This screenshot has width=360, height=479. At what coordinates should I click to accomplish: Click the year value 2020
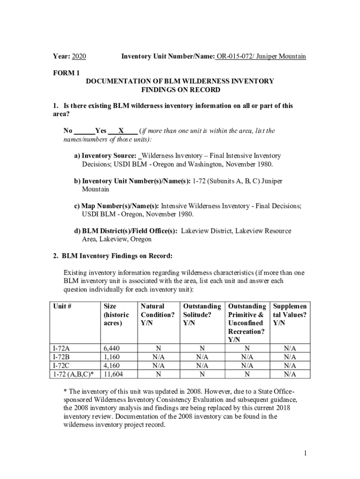(x=79, y=57)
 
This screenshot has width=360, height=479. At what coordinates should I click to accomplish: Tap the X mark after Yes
(x=121, y=131)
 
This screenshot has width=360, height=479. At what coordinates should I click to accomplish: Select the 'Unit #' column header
(x=62, y=306)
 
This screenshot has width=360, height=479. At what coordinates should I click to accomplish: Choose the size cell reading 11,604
(x=115, y=374)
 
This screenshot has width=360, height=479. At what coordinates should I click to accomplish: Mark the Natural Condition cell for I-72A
(x=158, y=348)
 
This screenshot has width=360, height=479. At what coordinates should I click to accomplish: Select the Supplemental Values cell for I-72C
(x=289, y=365)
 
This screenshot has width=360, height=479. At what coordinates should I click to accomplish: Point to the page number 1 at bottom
(x=304, y=453)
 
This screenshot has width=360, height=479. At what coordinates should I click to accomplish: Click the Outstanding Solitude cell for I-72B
(x=202, y=356)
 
